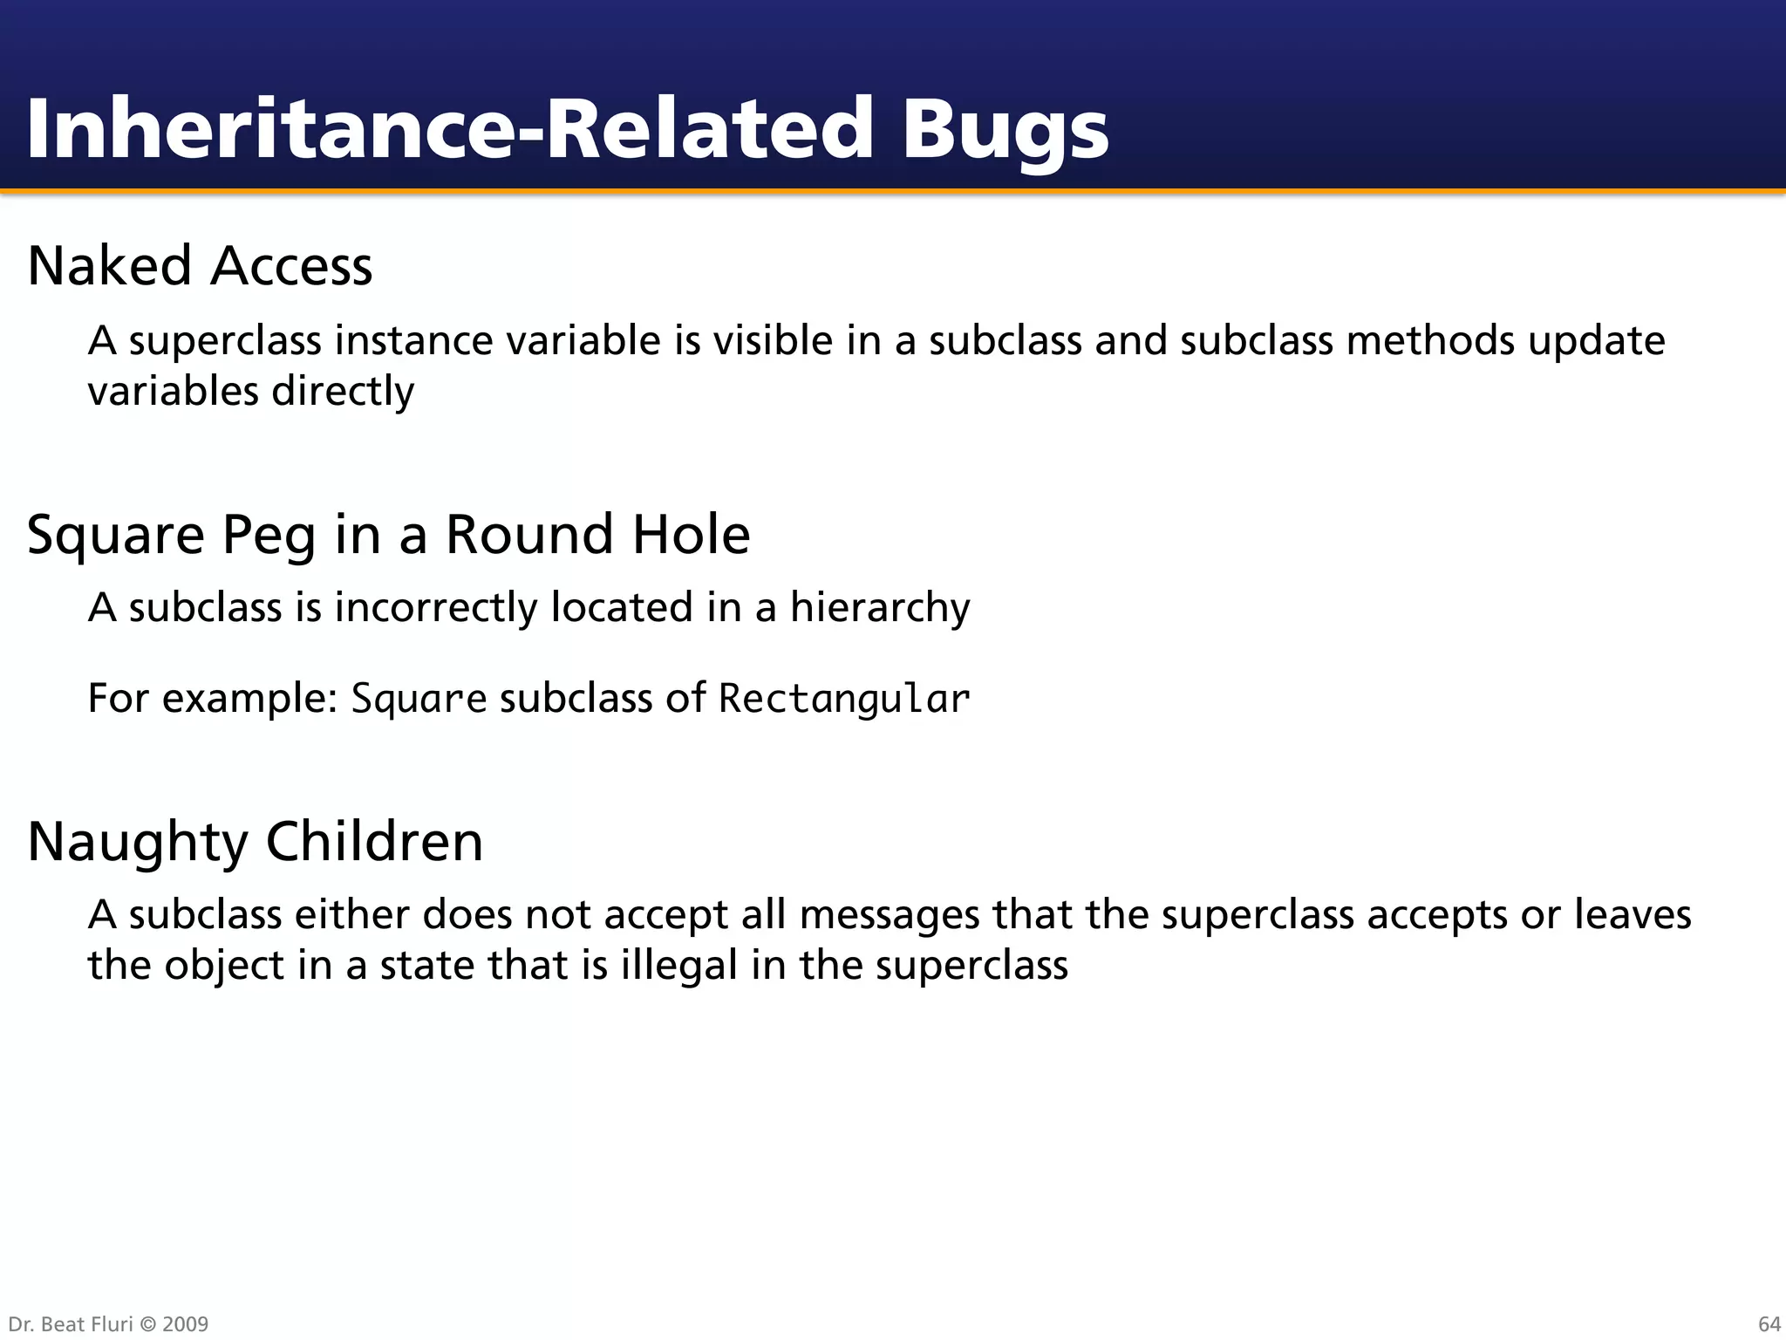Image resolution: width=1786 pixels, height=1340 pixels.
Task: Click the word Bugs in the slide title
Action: [x=1005, y=131]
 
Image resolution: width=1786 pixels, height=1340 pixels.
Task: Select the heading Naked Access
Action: [x=200, y=265]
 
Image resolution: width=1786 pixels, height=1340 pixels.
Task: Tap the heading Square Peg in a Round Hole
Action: [x=388, y=534]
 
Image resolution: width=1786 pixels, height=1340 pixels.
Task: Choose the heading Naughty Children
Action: [x=255, y=841]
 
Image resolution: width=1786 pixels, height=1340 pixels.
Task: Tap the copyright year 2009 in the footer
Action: [x=186, y=1324]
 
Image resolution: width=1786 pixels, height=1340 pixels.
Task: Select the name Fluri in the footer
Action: [x=112, y=1324]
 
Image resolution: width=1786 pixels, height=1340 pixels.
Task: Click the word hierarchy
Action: [x=880, y=607]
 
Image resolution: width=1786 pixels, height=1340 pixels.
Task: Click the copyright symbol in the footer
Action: [x=148, y=1324]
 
